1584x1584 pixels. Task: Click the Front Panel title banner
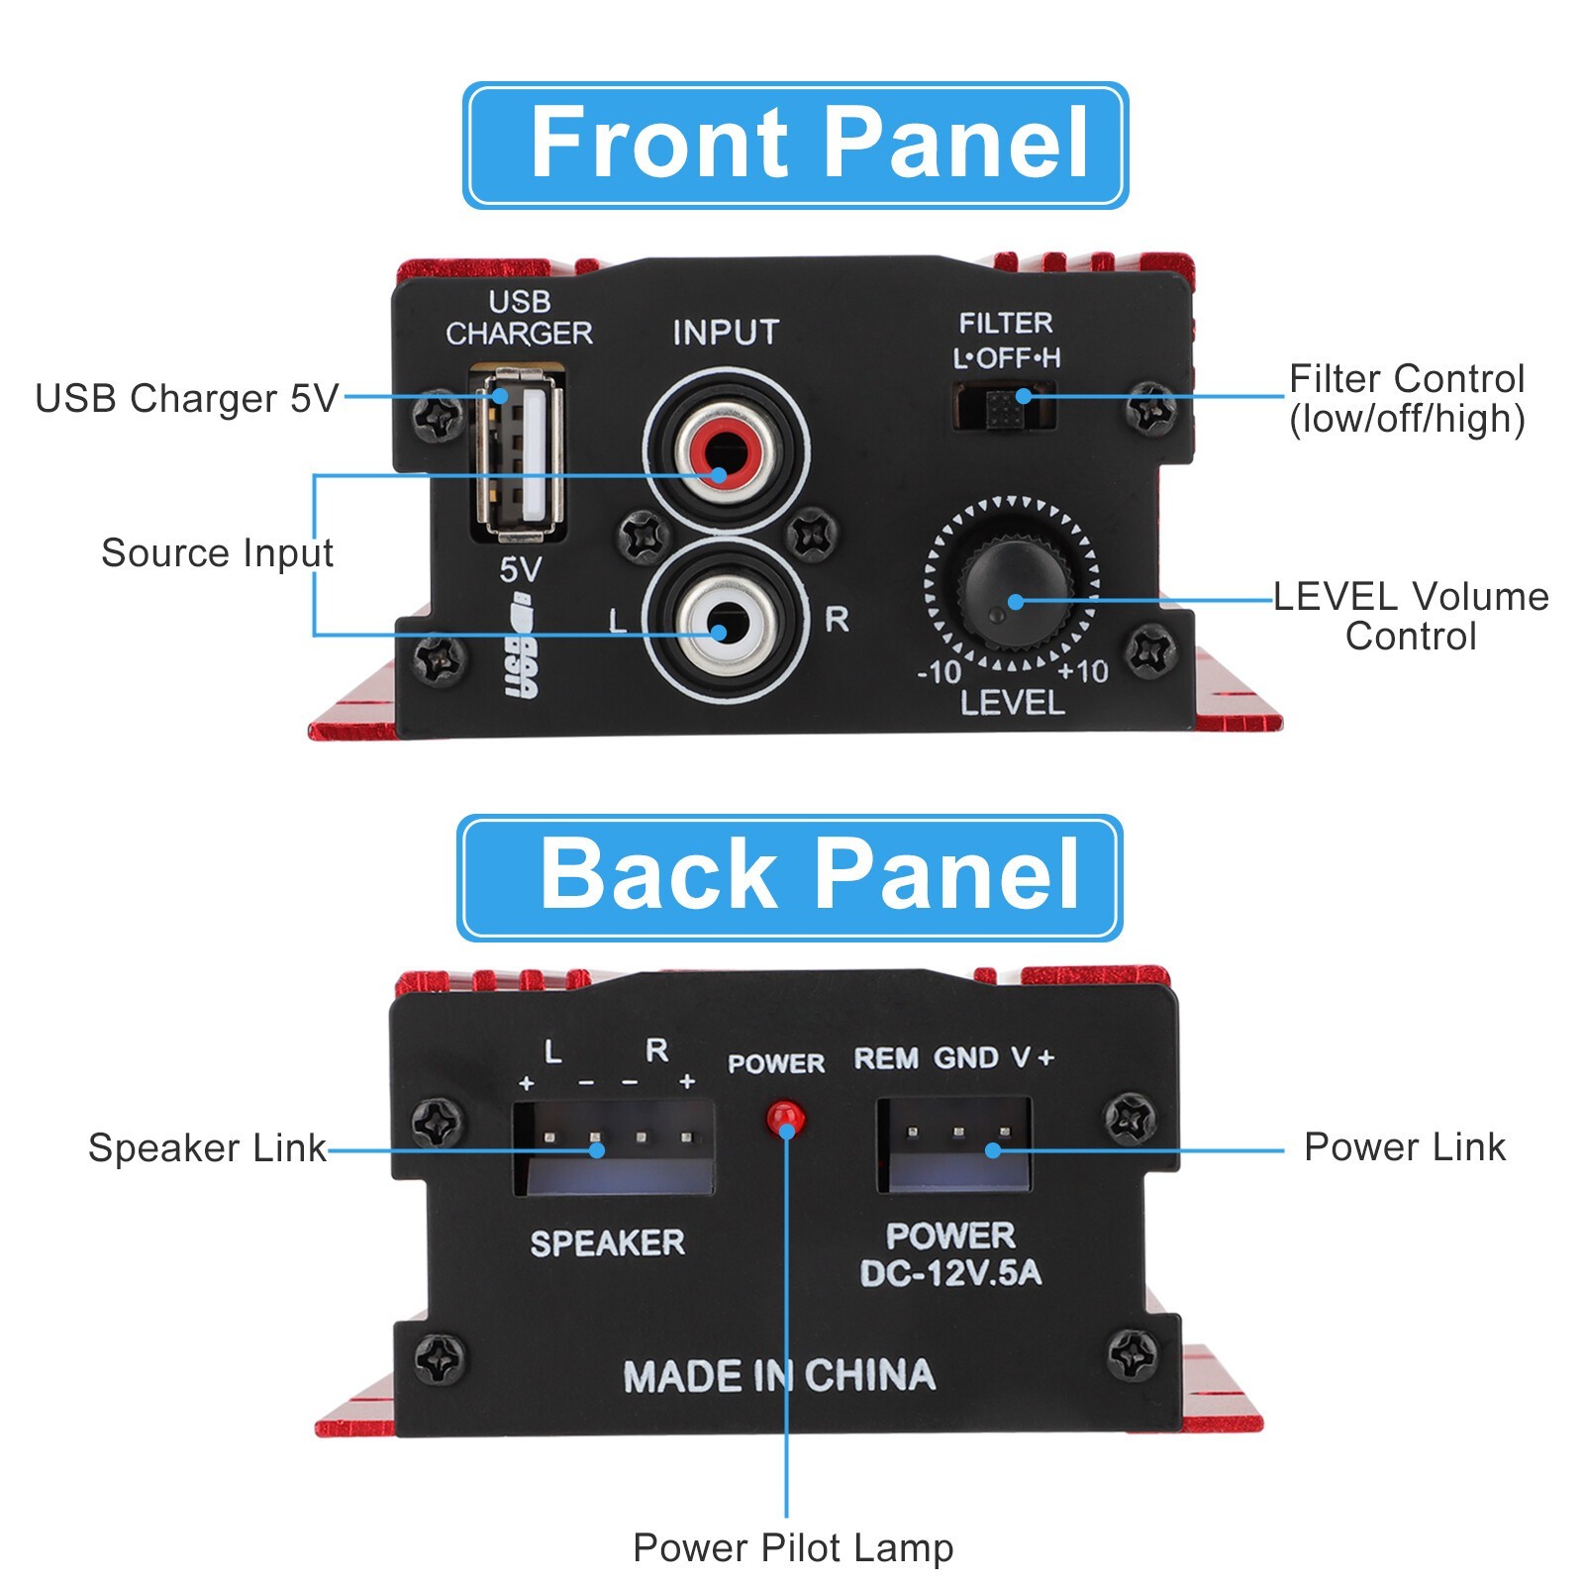795,145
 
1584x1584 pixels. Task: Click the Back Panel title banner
789,877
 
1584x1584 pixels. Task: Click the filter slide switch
1005,404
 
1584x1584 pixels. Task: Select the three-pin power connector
954,1143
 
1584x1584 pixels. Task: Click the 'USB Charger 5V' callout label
186,399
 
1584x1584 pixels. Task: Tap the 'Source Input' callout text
217,552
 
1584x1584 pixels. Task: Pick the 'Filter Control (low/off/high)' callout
1406,399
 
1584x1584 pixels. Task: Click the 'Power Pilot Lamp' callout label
792,1547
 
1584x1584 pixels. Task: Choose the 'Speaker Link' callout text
207,1148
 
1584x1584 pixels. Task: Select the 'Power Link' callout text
1404,1147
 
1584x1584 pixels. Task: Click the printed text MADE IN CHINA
779,1376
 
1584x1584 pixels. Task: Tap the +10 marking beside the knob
1082,672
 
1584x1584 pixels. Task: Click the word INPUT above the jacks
726,333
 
